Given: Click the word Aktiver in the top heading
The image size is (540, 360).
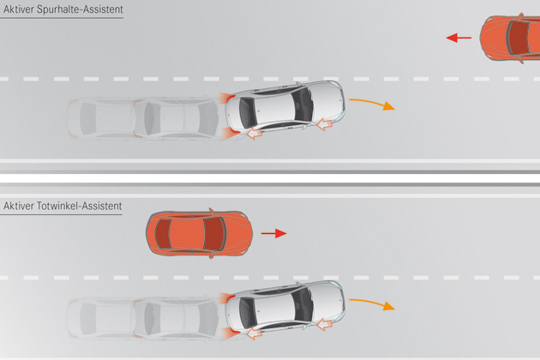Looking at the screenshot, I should tap(20, 9).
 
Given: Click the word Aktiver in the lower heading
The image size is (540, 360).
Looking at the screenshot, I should tap(20, 206).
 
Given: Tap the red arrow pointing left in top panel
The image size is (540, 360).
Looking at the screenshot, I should tap(459, 38).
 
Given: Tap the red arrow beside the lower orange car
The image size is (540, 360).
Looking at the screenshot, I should tap(274, 232).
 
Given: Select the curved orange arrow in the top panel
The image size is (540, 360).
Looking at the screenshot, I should tap(378, 104).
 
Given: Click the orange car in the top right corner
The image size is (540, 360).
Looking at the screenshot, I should tap(511, 37).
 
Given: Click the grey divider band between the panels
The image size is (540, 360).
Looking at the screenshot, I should tap(270, 177).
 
